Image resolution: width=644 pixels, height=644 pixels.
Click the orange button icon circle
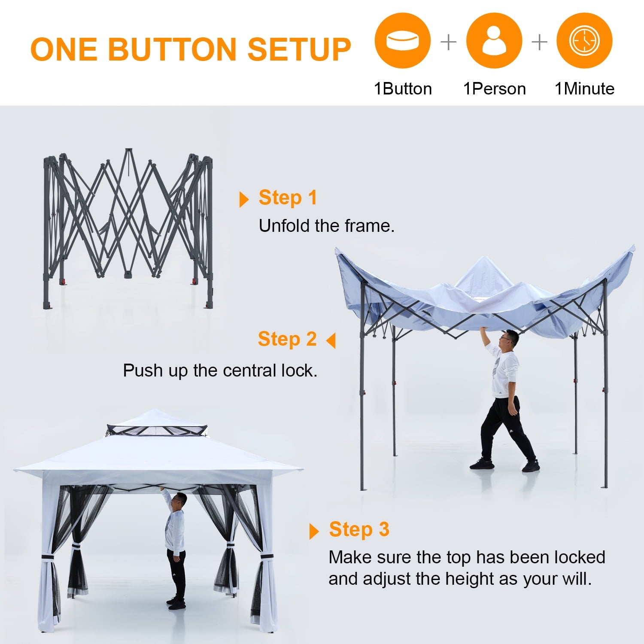(402, 41)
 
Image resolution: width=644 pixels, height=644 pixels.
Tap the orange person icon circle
(494, 41)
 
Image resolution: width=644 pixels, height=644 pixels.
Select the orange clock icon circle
(584, 41)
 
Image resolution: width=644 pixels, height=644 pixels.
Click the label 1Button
(403, 89)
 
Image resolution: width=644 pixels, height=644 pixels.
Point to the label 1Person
(494, 89)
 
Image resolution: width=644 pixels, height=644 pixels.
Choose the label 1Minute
(584, 89)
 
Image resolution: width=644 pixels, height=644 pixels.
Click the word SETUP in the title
(299, 49)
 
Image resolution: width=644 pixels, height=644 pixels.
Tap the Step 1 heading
(288, 198)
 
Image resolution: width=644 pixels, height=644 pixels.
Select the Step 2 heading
(287, 339)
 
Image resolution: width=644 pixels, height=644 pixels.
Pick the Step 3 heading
(359, 529)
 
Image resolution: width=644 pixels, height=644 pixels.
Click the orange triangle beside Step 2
(331, 340)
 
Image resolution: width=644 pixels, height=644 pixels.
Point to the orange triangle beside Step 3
(314, 531)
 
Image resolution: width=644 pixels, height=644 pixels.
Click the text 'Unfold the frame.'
(326, 226)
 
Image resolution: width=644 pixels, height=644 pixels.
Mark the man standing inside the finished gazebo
(176, 550)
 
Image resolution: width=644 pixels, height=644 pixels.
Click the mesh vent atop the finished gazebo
(157, 430)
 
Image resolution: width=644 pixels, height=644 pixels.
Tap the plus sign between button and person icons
(448, 42)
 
